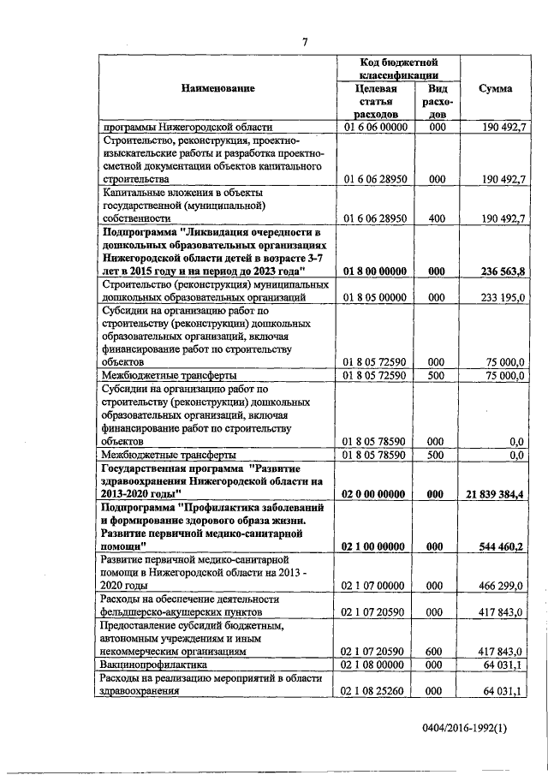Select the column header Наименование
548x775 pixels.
coord(217,88)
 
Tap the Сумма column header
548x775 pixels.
coord(496,88)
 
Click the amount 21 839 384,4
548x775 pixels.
coord(489,494)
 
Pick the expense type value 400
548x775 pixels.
coord(437,218)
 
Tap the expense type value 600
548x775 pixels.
coord(437,651)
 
